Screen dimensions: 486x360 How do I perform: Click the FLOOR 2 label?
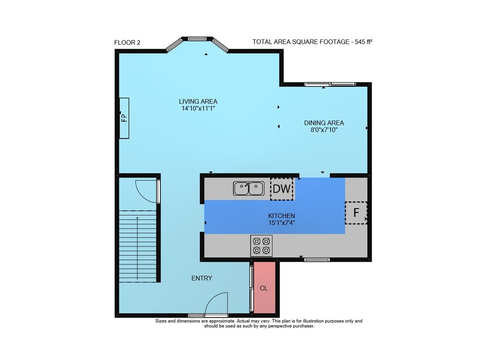pyautogui.click(x=127, y=42)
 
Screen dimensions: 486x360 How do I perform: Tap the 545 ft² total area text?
pyautogui.click(x=364, y=41)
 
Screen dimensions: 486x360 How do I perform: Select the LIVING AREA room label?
pyautogui.click(x=198, y=102)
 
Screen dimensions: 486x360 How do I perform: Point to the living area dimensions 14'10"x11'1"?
pyautogui.click(x=198, y=108)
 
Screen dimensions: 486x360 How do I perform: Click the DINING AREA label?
pyautogui.click(x=324, y=123)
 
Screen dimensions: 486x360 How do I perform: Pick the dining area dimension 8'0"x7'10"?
pyautogui.click(x=324, y=130)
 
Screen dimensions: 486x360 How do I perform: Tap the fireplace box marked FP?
pyautogui.click(x=124, y=118)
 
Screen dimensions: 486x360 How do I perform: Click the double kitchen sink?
pyautogui.click(x=249, y=189)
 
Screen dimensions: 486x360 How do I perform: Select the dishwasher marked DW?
pyautogui.click(x=282, y=189)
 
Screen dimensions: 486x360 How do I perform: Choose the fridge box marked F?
pyautogui.click(x=356, y=212)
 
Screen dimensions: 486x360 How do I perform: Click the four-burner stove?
pyautogui.click(x=261, y=246)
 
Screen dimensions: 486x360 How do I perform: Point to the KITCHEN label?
pyautogui.click(x=281, y=216)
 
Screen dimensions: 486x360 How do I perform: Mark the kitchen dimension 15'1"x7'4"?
pyautogui.click(x=281, y=223)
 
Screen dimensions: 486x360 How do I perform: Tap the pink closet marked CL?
pyautogui.click(x=265, y=288)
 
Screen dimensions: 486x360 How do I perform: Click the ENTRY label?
pyautogui.click(x=202, y=278)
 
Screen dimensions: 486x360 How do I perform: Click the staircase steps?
pyautogui.click(x=138, y=246)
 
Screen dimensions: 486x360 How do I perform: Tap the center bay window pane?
pyautogui.click(x=197, y=39)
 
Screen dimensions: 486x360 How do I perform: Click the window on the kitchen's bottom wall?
pyautogui.click(x=317, y=259)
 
